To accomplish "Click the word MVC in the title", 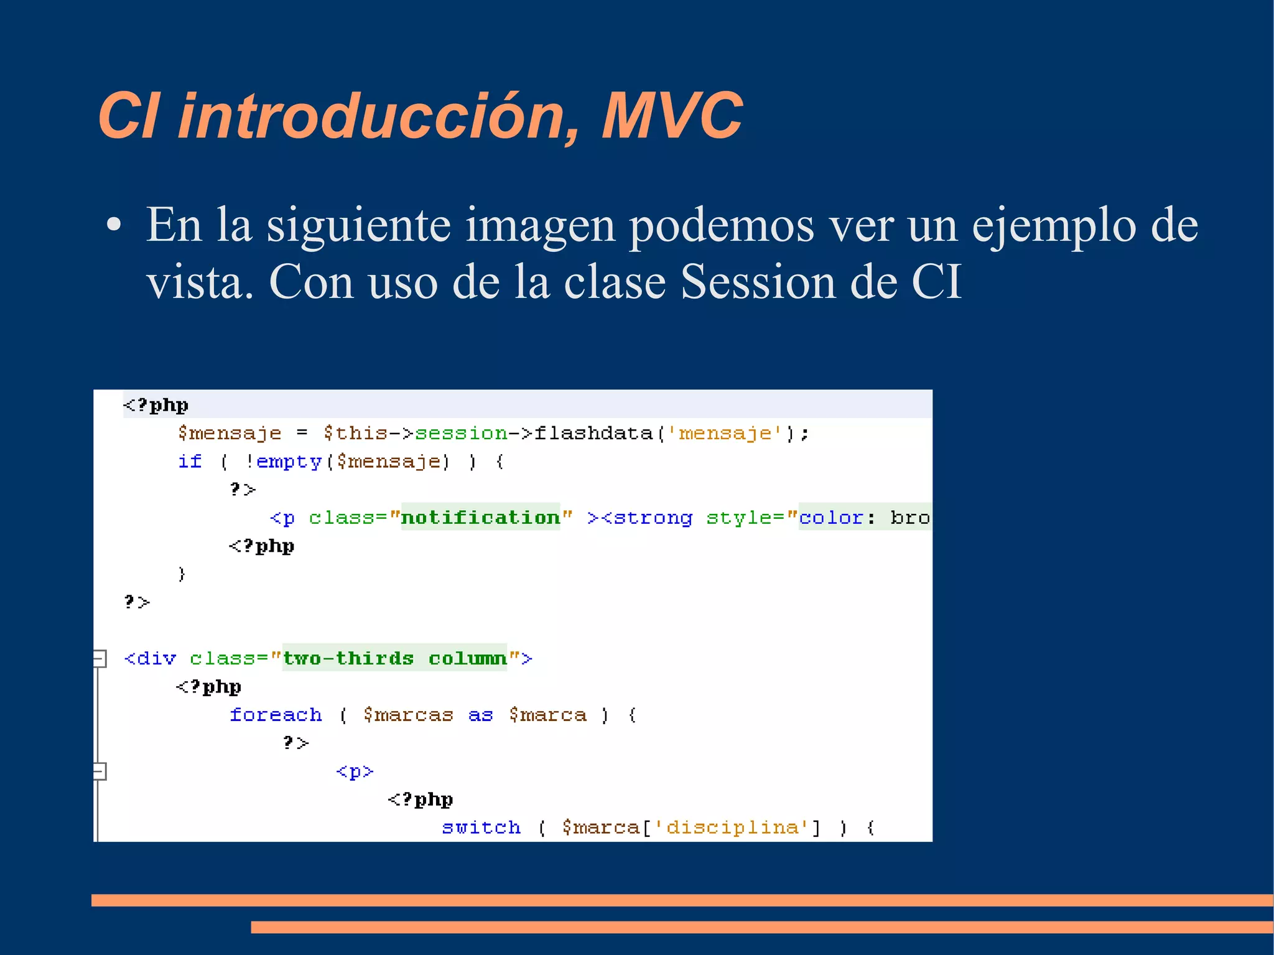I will [671, 116].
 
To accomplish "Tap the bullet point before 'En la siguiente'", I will [113, 226].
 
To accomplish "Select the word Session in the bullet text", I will [758, 282].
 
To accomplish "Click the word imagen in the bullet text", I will [540, 225].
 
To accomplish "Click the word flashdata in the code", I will [593, 433].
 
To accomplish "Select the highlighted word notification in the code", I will [480, 518].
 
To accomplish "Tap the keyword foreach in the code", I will [276, 715].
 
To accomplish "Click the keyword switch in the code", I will [481, 827].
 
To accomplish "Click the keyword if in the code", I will [190, 462].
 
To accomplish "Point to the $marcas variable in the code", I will [408, 715].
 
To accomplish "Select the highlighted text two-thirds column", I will [394, 658].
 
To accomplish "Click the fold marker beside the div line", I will [99, 658].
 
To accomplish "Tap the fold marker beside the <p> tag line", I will [99, 771].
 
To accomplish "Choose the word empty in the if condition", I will [289, 462].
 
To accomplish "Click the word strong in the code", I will [653, 518].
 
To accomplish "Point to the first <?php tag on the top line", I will [156, 405].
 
